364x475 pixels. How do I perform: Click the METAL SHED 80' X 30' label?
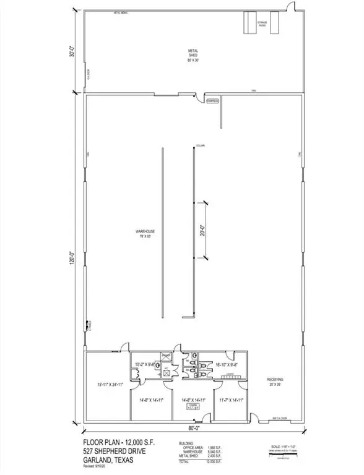pyautogui.click(x=193, y=54)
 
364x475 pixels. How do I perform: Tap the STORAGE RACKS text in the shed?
pyautogui.click(x=266, y=24)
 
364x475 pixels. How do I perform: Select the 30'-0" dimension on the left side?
pyautogui.click(x=72, y=53)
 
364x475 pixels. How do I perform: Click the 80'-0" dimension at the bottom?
pyautogui.click(x=194, y=428)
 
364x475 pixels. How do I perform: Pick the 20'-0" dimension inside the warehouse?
pyautogui.click(x=201, y=230)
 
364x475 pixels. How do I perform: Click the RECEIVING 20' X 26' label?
pyautogui.click(x=277, y=380)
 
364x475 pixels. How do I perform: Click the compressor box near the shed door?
pyautogui.click(x=212, y=100)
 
